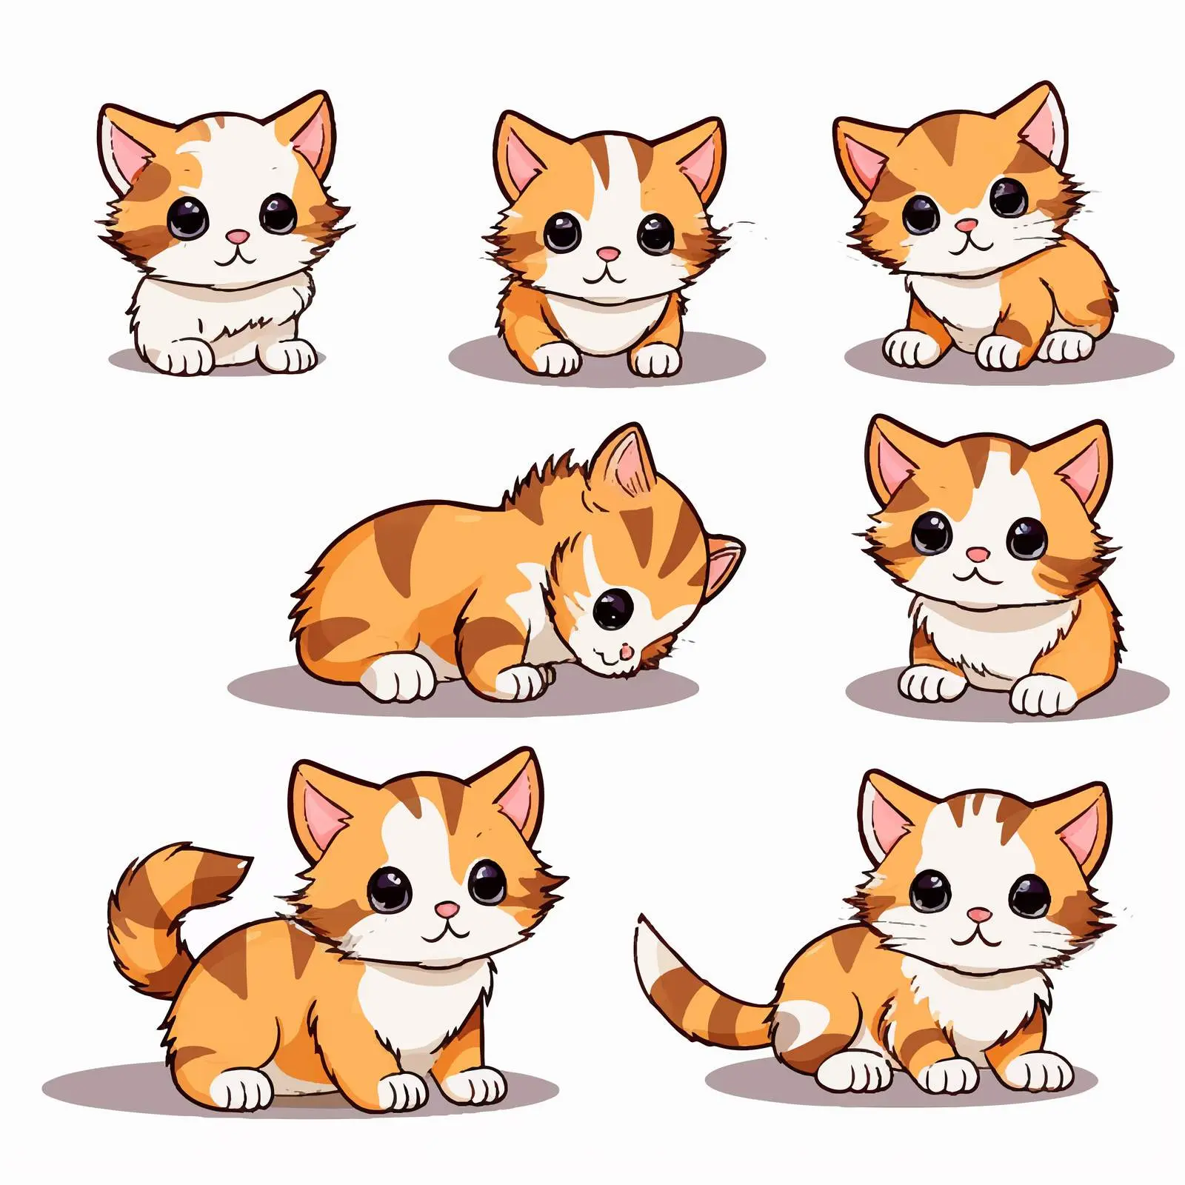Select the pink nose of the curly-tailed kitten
coord(447,909)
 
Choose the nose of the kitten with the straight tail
coord(979,916)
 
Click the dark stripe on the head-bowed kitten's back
coord(393,548)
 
